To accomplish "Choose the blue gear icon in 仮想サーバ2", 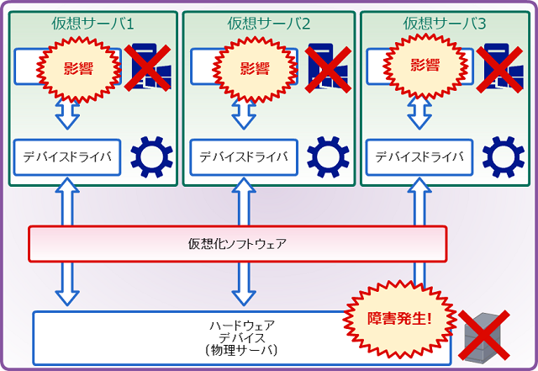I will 328,156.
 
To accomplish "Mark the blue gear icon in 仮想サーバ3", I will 503,156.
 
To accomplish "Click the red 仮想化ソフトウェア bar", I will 237,244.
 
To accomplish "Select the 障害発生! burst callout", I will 400,318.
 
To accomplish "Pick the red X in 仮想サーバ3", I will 501,67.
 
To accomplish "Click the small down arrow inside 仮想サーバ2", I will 244,114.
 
